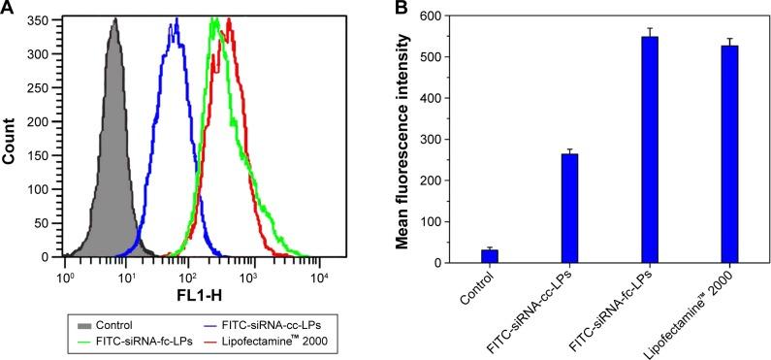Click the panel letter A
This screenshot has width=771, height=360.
coord(8,9)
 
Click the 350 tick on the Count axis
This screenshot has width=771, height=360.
coord(39,19)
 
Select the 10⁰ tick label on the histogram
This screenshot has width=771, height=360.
coord(65,277)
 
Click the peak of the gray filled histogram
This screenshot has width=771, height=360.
coord(113,19)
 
